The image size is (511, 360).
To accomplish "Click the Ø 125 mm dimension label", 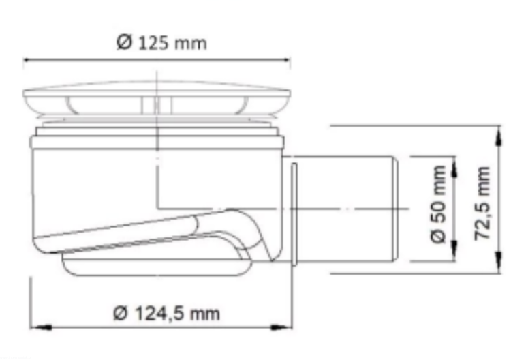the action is tap(161, 43).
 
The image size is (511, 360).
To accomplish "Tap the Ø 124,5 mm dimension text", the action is tap(166, 314).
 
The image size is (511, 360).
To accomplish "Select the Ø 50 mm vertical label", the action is tap(438, 205).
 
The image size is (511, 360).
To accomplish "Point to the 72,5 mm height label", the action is tap(482, 203).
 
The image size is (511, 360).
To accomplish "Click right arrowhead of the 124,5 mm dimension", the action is tap(281, 327).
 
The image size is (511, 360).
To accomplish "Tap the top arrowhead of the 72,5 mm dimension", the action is tap(499, 137).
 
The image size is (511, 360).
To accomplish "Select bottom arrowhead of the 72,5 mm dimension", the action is tap(499, 262).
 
